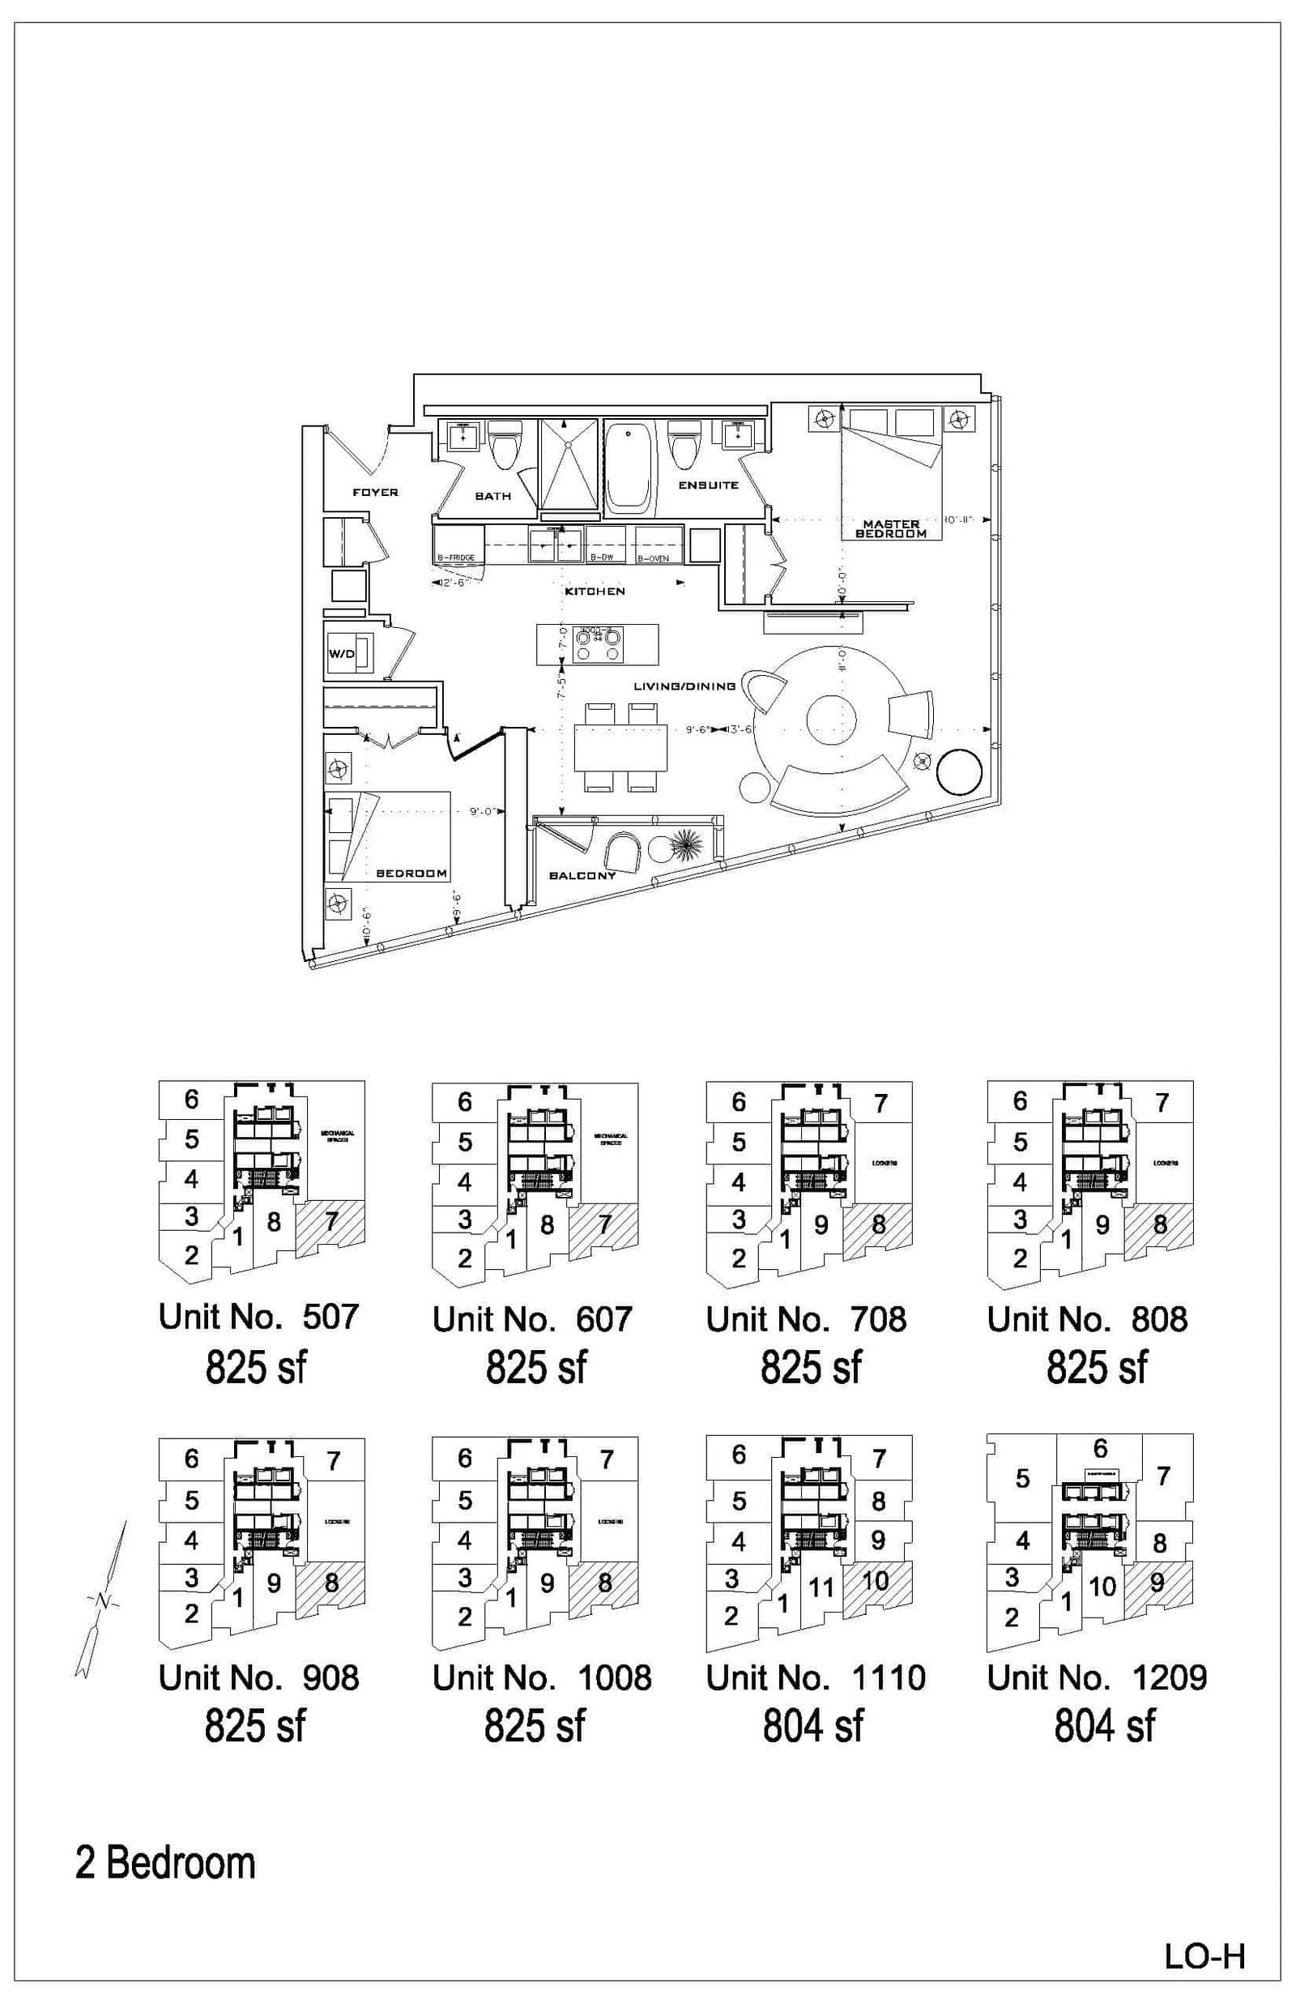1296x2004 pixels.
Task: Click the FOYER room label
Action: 374,492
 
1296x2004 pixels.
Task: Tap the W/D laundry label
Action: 341,653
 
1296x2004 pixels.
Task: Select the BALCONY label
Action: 582,875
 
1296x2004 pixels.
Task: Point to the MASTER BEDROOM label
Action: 890,528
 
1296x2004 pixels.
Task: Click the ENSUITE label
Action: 709,485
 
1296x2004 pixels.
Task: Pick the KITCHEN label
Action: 595,591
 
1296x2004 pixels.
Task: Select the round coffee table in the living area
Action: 830,720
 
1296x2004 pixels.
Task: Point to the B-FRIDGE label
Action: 455,558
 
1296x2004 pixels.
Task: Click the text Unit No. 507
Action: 258,1316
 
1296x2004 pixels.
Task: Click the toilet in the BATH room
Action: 505,447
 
